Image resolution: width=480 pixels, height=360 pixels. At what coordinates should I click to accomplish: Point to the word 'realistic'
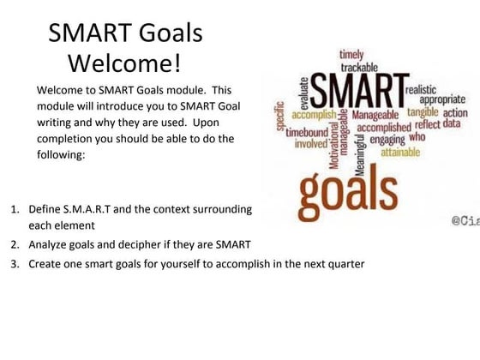point(425,88)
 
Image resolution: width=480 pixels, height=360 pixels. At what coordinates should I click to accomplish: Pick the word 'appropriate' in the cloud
point(442,99)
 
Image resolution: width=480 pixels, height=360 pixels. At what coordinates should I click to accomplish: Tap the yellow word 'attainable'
point(407,152)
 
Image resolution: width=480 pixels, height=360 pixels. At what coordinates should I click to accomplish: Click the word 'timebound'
point(306,133)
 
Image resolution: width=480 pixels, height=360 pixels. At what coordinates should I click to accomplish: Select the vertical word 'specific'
point(280,111)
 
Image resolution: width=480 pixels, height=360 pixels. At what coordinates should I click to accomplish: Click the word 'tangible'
point(423,111)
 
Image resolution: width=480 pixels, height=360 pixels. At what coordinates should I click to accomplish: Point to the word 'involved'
point(310,144)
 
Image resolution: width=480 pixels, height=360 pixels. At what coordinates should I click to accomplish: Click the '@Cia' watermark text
point(465,220)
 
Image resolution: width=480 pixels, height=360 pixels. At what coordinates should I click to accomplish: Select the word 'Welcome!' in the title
point(124,63)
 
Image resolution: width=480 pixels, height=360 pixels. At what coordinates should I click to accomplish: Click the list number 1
point(15,209)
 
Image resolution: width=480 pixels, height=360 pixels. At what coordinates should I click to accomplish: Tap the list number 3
point(15,264)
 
